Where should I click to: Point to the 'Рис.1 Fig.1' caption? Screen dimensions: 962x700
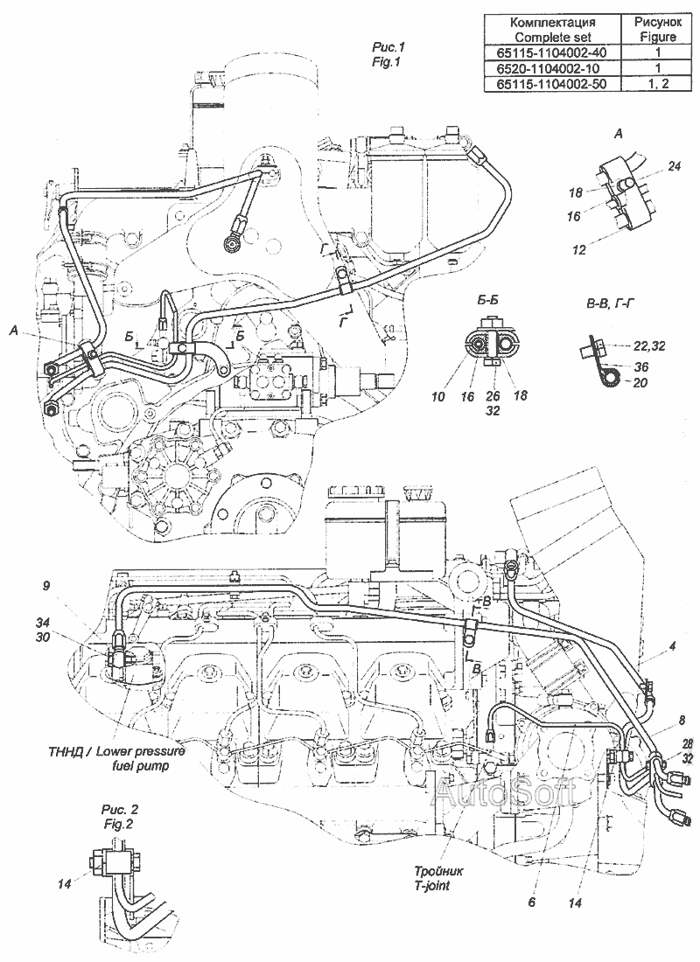(x=388, y=53)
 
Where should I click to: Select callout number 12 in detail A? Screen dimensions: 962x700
(x=578, y=250)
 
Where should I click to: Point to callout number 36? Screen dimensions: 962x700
(x=640, y=366)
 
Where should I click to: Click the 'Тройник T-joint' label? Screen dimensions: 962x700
(x=438, y=878)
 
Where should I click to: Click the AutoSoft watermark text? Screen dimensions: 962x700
(x=506, y=794)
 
